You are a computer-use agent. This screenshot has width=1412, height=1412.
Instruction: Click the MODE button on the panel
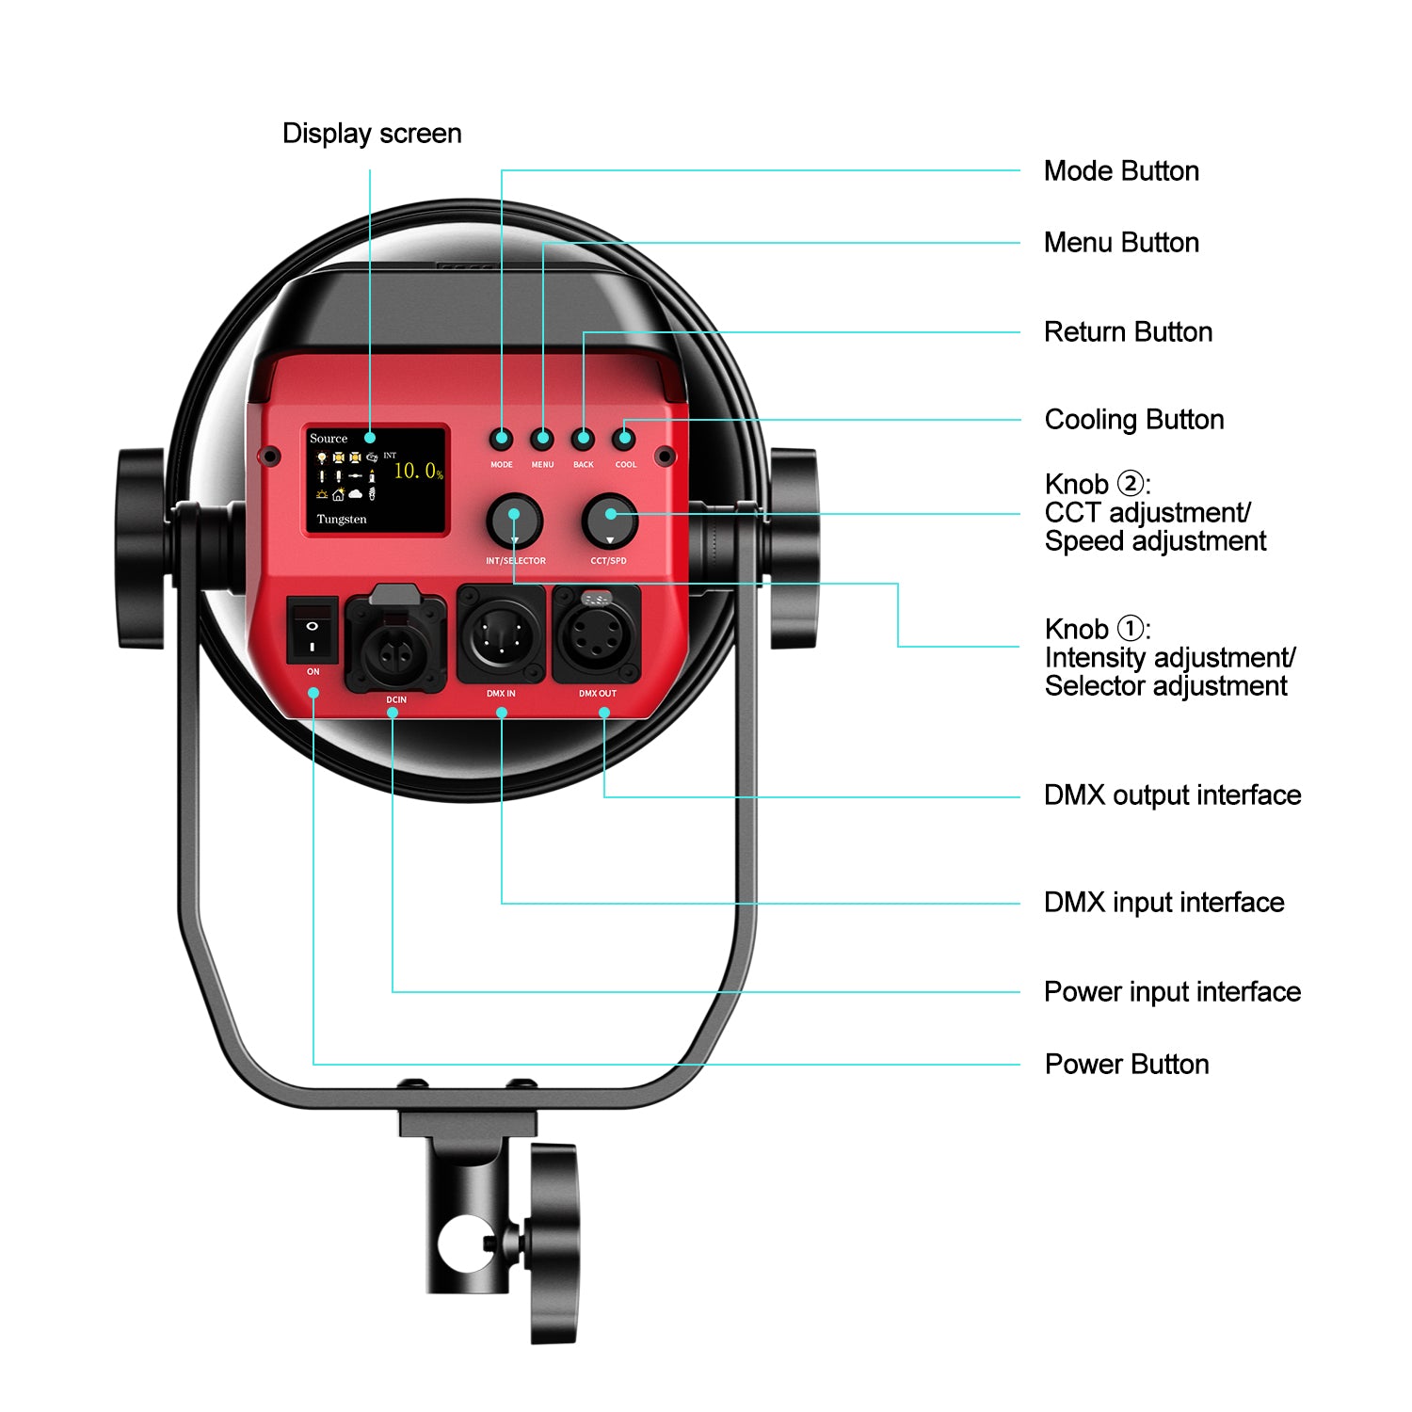tap(502, 439)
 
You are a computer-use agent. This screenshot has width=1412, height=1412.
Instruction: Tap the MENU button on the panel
tap(542, 439)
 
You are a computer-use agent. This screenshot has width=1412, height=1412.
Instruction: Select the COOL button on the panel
tap(624, 439)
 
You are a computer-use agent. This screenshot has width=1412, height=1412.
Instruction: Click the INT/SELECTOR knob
tap(514, 521)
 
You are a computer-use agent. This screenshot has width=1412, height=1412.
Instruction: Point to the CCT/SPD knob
tap(610, 521)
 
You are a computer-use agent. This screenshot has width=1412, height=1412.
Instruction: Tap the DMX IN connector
tap(501, 635)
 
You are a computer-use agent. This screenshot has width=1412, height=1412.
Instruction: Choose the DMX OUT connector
tap(597, 635)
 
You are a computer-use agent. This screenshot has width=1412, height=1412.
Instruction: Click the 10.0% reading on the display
tap(418, 471)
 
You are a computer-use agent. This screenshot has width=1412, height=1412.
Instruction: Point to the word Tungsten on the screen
tap(342, 520)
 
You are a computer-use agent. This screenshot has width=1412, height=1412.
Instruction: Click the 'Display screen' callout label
tap(372, 134)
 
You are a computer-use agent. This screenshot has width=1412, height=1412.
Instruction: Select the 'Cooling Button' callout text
tap(1133, 420)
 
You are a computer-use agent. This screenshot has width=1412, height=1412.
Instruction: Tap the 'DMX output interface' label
tap(1172, 795)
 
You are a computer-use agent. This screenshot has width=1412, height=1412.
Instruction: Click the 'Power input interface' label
tap(1172, 992)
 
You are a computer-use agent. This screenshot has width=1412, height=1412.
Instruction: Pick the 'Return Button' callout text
tap(1128, 332)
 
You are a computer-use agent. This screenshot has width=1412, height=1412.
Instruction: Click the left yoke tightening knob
tap(142, 549)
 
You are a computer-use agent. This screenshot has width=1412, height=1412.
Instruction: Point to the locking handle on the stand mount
tap(554, 1243)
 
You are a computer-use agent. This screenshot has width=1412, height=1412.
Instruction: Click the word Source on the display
tap(329, 439)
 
